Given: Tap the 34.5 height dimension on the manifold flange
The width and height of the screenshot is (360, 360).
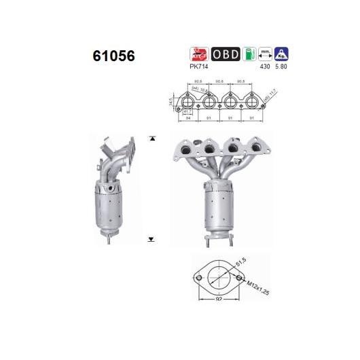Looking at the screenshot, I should click(168, 103).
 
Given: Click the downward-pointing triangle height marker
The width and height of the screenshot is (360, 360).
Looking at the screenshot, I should click(151, 240).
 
